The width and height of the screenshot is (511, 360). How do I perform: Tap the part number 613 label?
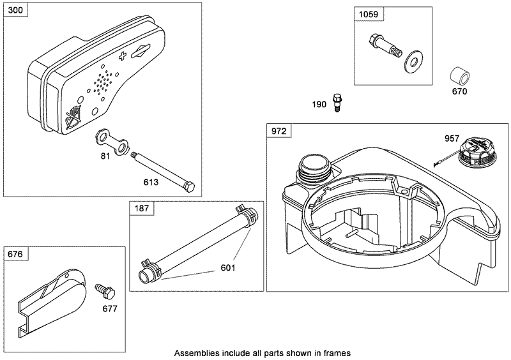tap(151, 182)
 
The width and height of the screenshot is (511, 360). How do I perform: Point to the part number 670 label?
tap(459, 91)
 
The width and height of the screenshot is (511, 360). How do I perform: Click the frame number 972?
tap(278, 131)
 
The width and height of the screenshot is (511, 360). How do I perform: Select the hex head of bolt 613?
tap(189, 186)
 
